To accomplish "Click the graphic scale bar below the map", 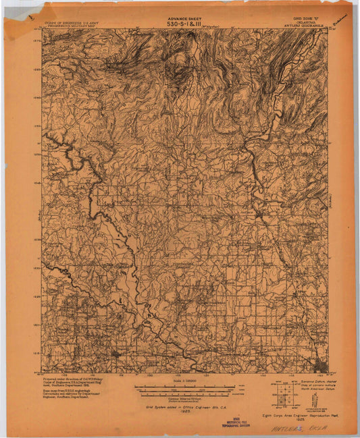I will (x=184, y=389).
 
